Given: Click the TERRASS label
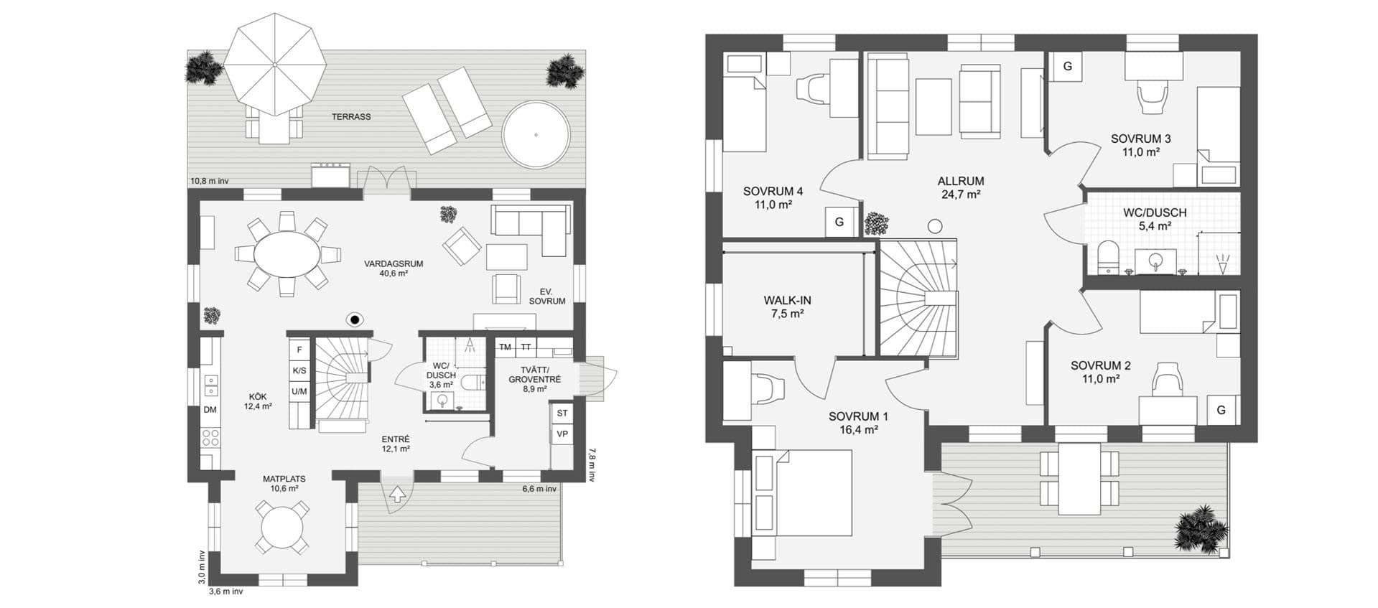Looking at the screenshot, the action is coord(351,116).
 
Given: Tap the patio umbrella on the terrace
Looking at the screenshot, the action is coord(274,64).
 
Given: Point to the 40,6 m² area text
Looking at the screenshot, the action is coord(394,273).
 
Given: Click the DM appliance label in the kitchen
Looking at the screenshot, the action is coord(210,410).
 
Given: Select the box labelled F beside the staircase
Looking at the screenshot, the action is coord(299,350).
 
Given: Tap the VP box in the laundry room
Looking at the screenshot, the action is coord(562,434).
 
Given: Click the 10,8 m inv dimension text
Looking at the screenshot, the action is coord(209,181).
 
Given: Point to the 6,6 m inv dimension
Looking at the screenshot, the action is coord(539,489).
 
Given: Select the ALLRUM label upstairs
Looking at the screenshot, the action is coord(961,182).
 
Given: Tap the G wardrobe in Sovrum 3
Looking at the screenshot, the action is coord(1067,67).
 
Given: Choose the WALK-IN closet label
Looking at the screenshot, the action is coord(788,301).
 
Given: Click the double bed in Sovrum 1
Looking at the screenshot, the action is coord(802,502).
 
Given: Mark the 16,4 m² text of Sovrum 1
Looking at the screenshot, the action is coord(858,430).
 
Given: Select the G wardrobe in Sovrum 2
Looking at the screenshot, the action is coord(1221,411).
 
